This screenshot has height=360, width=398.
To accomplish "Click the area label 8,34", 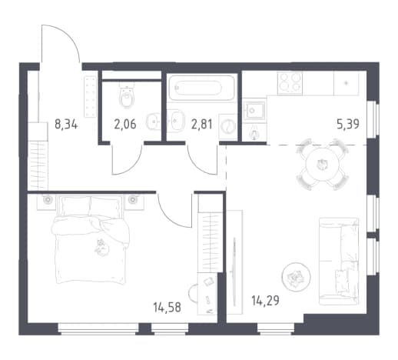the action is click(66, 125).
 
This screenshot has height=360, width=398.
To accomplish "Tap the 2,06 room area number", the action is click(125, 125).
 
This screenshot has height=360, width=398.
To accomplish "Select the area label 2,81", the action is click(202, 125).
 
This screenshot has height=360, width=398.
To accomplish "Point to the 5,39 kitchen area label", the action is click(348, 124).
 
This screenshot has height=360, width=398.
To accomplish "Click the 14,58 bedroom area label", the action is click(167, 307).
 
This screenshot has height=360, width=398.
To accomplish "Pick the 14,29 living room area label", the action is click(265, 301).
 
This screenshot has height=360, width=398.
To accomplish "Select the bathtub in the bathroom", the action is click(201, 88).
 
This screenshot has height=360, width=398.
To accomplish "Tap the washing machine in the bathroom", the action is click(227, 127).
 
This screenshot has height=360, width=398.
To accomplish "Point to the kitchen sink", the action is click(254, 111).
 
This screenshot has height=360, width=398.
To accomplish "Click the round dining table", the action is click(323, 164).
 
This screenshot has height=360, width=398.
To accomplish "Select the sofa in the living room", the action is click(339, 262).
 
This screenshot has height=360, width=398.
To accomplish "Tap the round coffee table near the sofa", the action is click(296, 277).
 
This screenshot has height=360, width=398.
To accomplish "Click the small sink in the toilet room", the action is click(153, 122).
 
